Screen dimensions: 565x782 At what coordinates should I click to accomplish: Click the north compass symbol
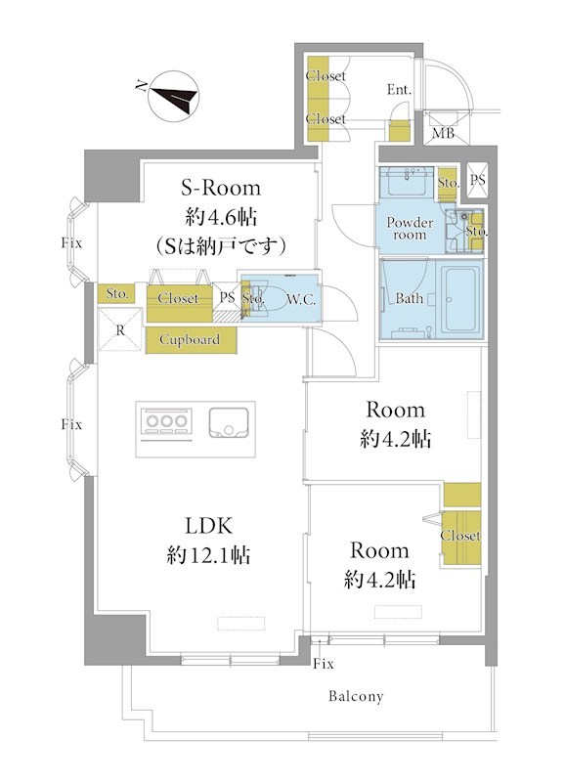point(174,96)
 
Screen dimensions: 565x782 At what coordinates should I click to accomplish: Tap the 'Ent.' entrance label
point(400,89)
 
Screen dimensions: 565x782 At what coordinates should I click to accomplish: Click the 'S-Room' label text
point(220,188)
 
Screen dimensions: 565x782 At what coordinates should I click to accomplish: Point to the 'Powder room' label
point(410,229)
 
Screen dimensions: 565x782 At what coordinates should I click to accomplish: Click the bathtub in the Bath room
point(460,299)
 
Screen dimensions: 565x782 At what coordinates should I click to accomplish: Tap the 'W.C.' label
point(301,299)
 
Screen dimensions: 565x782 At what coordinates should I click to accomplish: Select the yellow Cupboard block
point(191,340)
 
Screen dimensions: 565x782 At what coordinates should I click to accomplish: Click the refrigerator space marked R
point(119,329)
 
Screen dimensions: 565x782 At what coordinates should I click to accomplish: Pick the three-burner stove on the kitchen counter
point(166,421)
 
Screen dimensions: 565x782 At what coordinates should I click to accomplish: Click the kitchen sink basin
point(229,423)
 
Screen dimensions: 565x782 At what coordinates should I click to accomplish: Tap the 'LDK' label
point(208,526)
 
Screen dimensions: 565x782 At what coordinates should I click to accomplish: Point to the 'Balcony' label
point(356,696)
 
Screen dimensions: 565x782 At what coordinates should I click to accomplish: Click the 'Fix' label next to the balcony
point(324,664)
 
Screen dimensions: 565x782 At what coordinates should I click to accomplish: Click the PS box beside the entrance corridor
point(477,179)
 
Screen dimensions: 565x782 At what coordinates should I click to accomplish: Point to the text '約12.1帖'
point(208,554)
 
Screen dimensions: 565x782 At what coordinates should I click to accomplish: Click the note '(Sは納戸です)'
point(220,246)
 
